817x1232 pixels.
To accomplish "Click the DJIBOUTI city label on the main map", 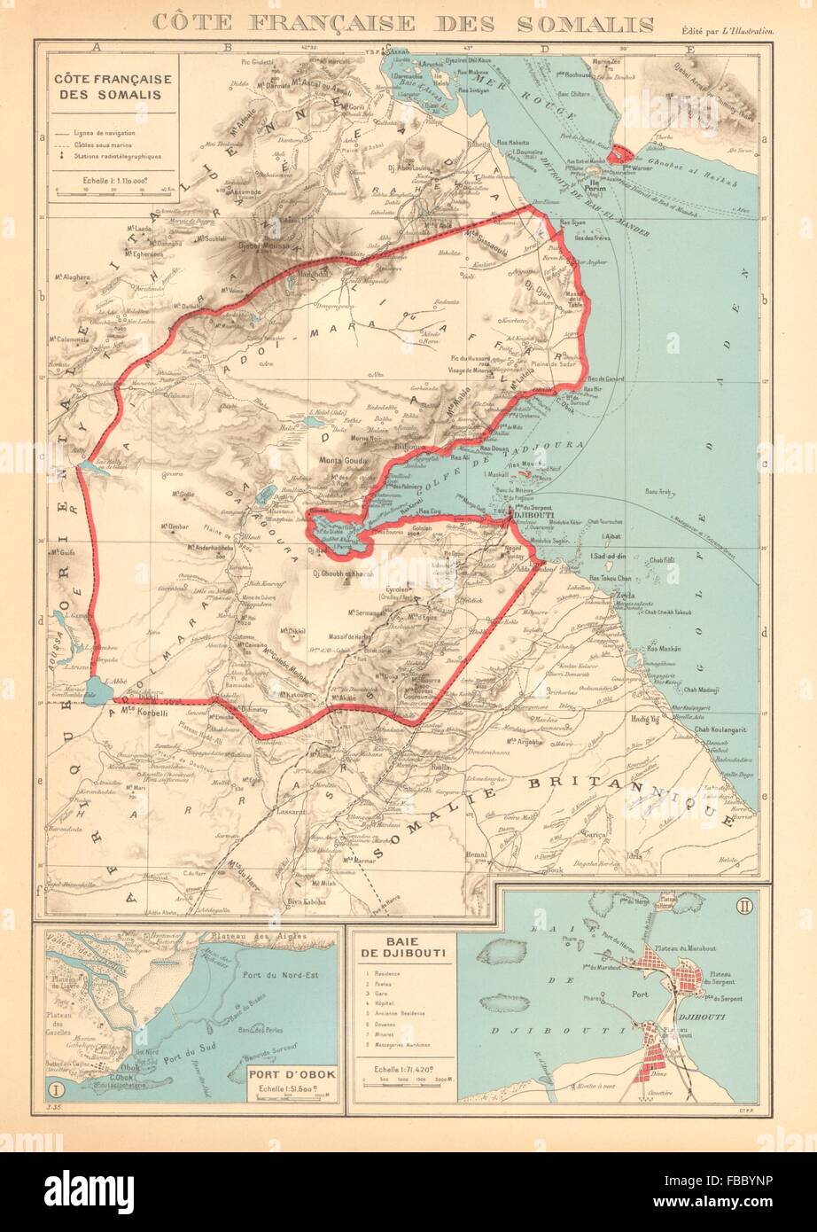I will point(534,513).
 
